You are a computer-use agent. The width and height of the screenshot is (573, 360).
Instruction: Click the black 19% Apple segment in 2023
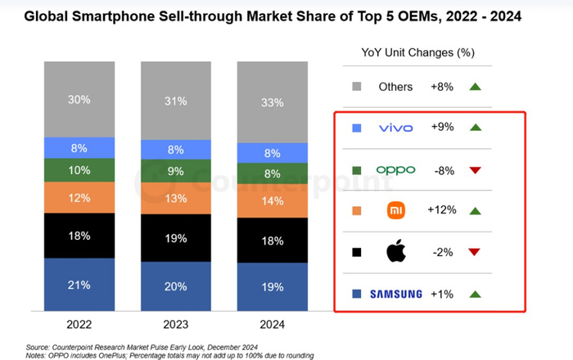[x=175, y=238]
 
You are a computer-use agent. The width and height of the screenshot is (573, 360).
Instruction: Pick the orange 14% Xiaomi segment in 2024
[x=272, y=200]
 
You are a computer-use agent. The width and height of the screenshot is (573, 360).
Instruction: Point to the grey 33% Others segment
[x=272, y=102]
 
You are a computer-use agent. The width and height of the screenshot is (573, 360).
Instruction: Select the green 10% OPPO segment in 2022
[x=79, y=169]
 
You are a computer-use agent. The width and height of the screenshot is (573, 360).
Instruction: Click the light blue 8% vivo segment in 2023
[x=175, y=150]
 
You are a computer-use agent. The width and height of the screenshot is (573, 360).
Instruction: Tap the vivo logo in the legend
[x=396, y=128]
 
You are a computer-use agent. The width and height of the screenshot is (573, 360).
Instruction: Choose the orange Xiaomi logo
[x=396, y=210]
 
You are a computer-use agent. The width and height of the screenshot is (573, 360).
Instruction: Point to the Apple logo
[x=396, y=252]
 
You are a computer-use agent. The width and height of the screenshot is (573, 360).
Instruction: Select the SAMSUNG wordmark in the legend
[x=396, y=294]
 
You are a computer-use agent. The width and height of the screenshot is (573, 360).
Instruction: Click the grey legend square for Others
[x=356, y=87]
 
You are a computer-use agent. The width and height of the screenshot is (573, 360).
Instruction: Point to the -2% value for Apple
[x=444, y=252]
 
